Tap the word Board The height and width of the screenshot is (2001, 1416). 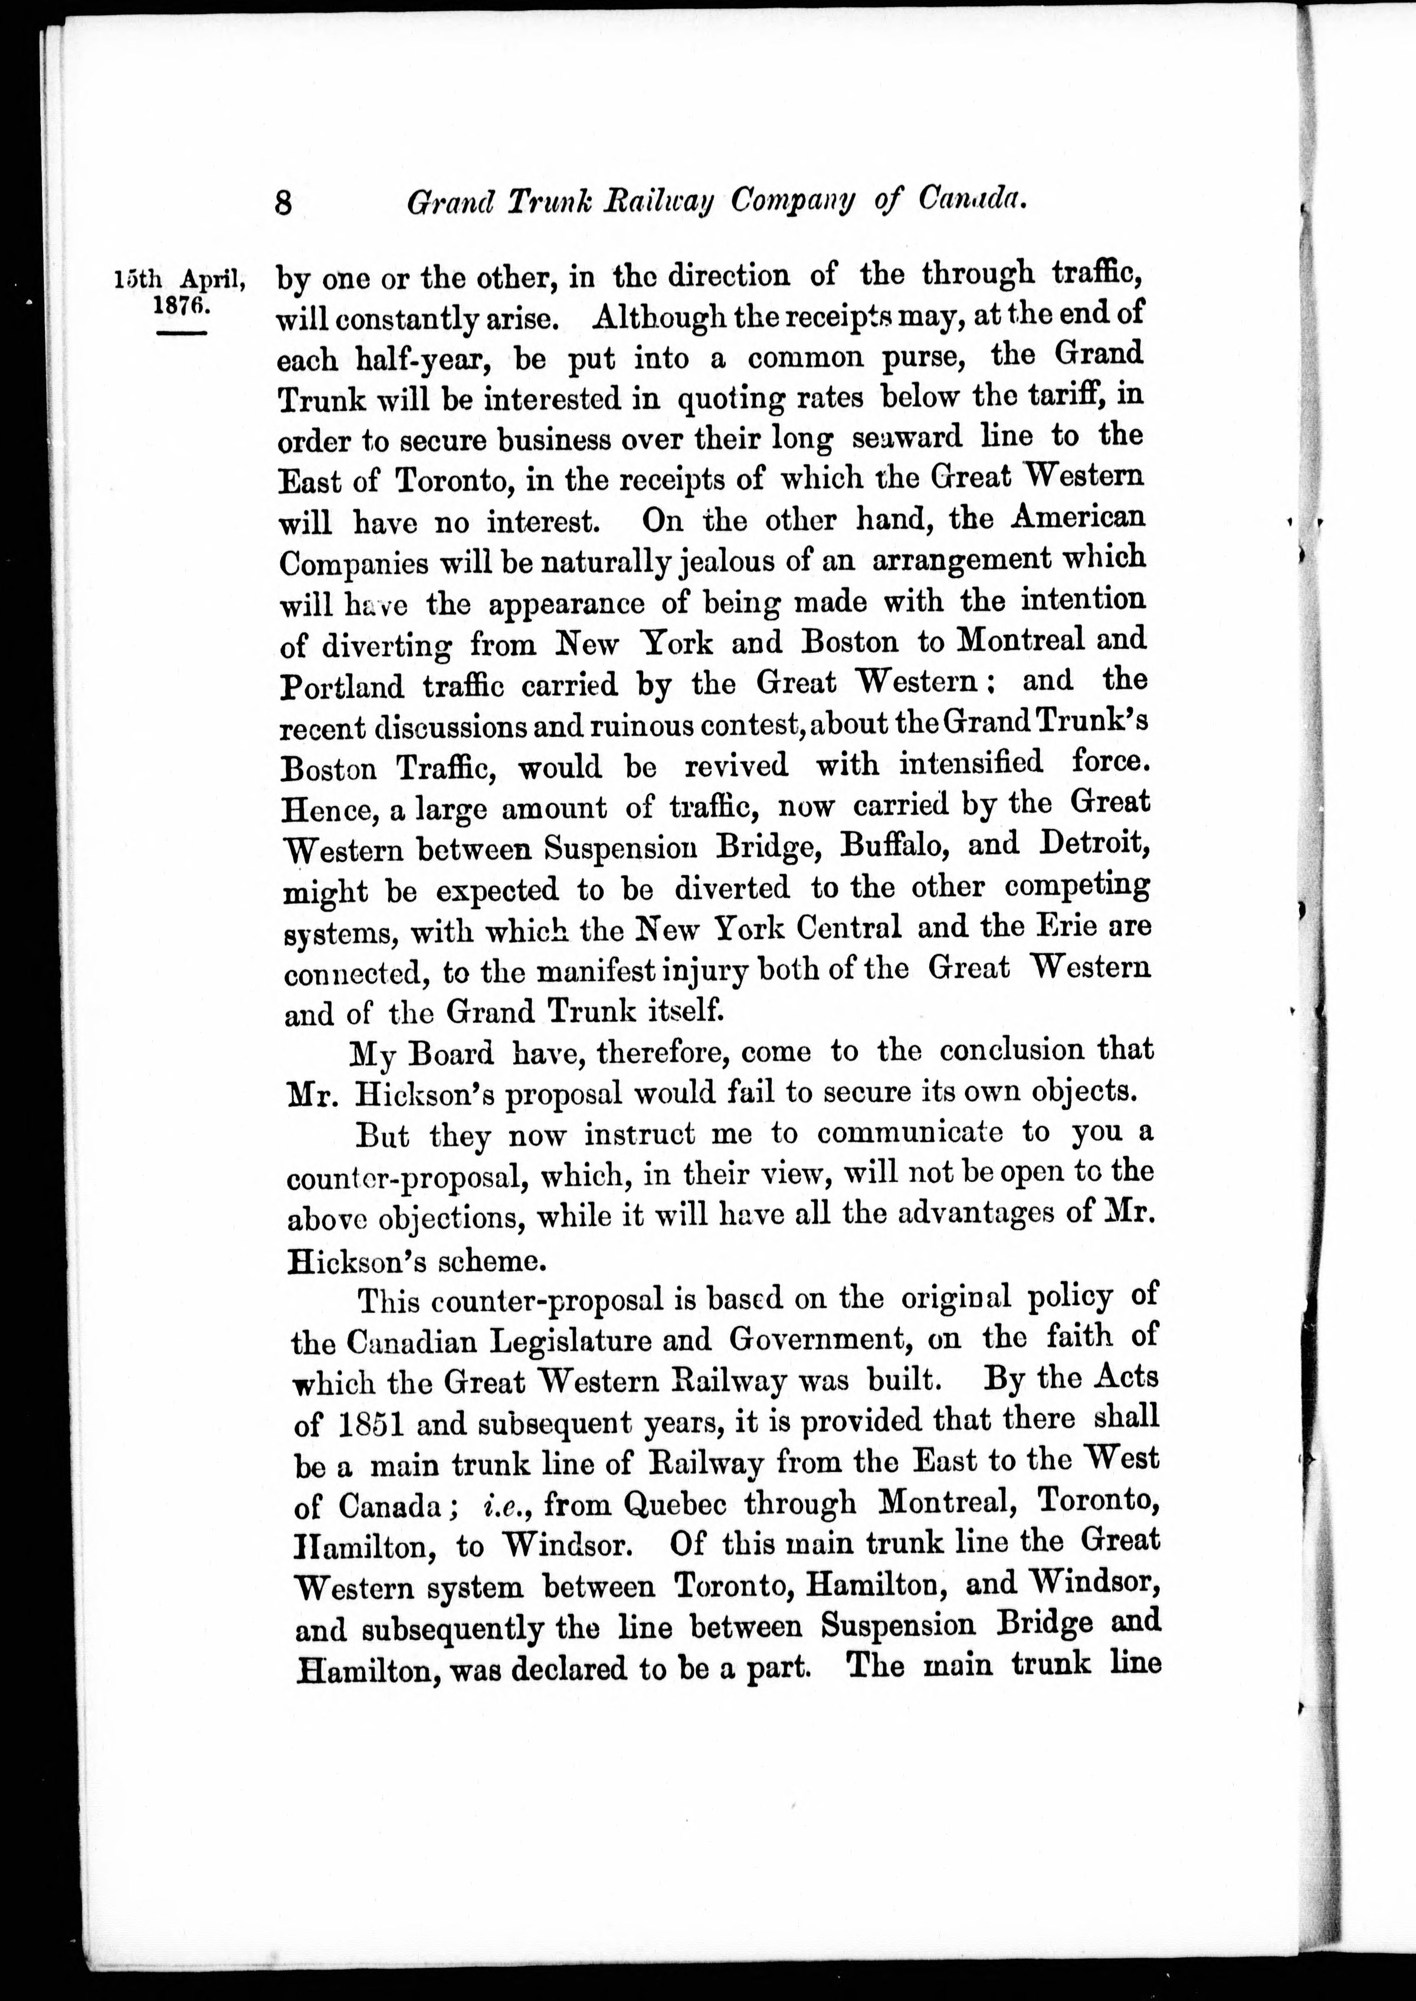[452, 1054]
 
